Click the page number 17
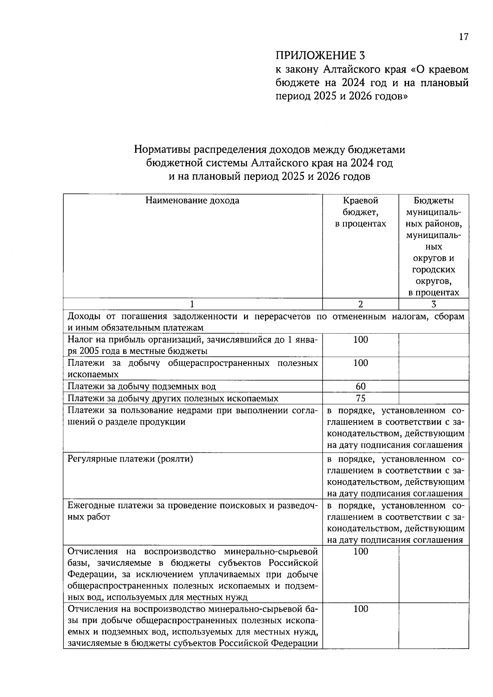click(463, 37)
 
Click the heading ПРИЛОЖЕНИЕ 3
click(320, 55)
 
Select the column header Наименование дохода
click(192, 201)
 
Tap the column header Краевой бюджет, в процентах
click(360, 212)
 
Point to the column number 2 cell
click(360, 304)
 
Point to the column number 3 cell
click(433, 304)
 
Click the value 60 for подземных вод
click(360, 386)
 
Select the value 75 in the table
click(360, 398)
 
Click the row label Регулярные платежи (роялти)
click(130, 459)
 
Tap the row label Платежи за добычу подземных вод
click(142, 386)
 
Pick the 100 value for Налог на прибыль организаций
click(360, 340)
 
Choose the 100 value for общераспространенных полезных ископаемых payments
click(360, 363)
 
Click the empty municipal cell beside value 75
click(433, 398)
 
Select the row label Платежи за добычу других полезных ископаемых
click(173, 398)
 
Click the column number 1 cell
click(192, 304)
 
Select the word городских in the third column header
click(433, 270)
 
